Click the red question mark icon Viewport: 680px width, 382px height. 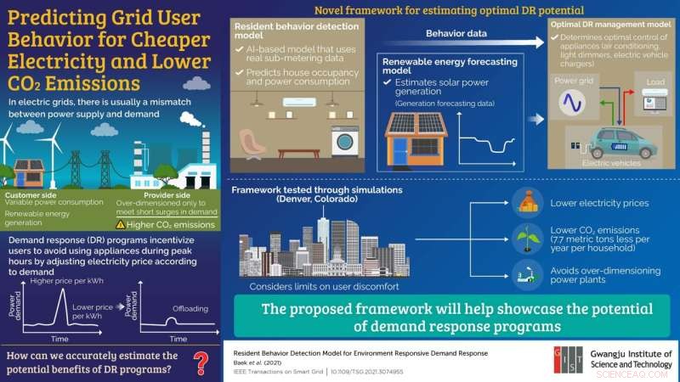(x=201, y=362)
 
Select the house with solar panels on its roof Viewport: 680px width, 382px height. (x=416, y=137)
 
